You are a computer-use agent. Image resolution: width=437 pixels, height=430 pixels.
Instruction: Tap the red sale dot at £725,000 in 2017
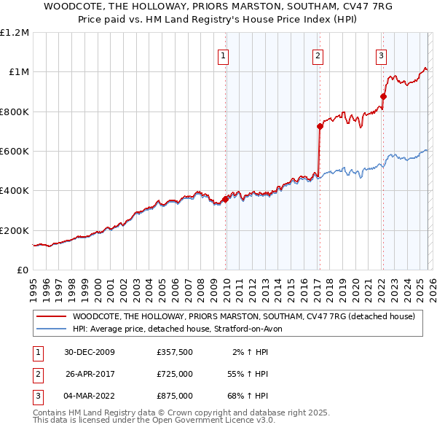pyautogui.click(x=320, y=127)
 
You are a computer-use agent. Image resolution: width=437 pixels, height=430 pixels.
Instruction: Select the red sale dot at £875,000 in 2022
pyautogui.click(x=383, y=96)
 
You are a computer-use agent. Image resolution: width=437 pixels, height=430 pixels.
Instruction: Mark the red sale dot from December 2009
pyautogui.click(x=225, y=199)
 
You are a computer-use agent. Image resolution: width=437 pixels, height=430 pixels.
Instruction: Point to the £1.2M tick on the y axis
pyautogui.click(x=15, y=33)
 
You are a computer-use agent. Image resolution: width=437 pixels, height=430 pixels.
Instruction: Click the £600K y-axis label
pyautogui.click(x=15, y=152)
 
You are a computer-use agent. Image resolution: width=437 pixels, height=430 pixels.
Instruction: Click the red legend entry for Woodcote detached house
pyautogui.click(x=243, y=316)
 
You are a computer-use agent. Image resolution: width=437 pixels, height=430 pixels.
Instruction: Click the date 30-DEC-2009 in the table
pyautogui.click(x=90, y=352)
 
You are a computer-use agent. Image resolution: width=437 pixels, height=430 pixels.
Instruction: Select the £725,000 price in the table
pyautogui.click(x=175, y=374)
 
